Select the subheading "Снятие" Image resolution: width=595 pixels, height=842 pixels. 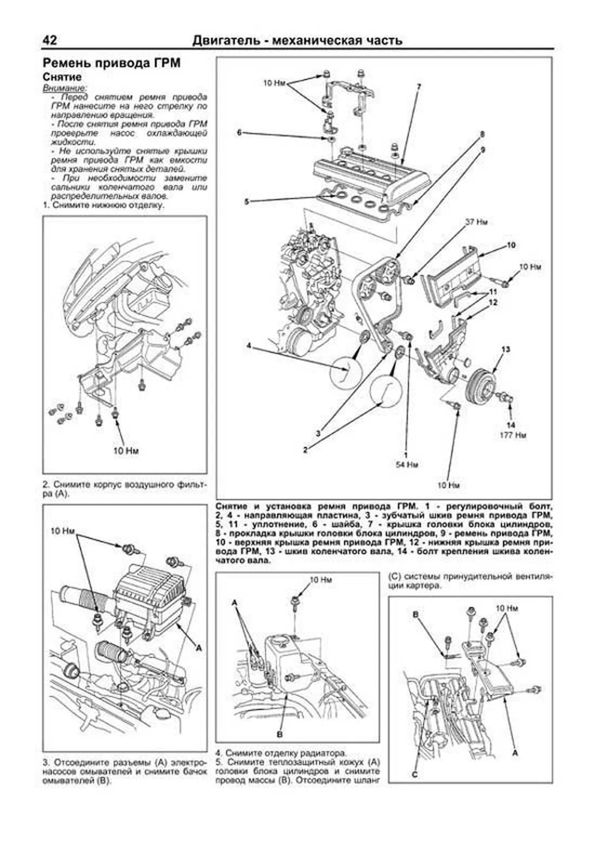62,77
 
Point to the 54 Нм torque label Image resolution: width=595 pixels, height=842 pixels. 408,464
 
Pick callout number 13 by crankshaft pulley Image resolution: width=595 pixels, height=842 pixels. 505,350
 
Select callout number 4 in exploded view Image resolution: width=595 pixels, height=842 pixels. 249,345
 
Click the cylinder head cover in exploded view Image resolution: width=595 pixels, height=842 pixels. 372,171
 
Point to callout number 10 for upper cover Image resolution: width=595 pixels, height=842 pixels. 512,245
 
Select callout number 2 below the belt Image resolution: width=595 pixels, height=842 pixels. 306,450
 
